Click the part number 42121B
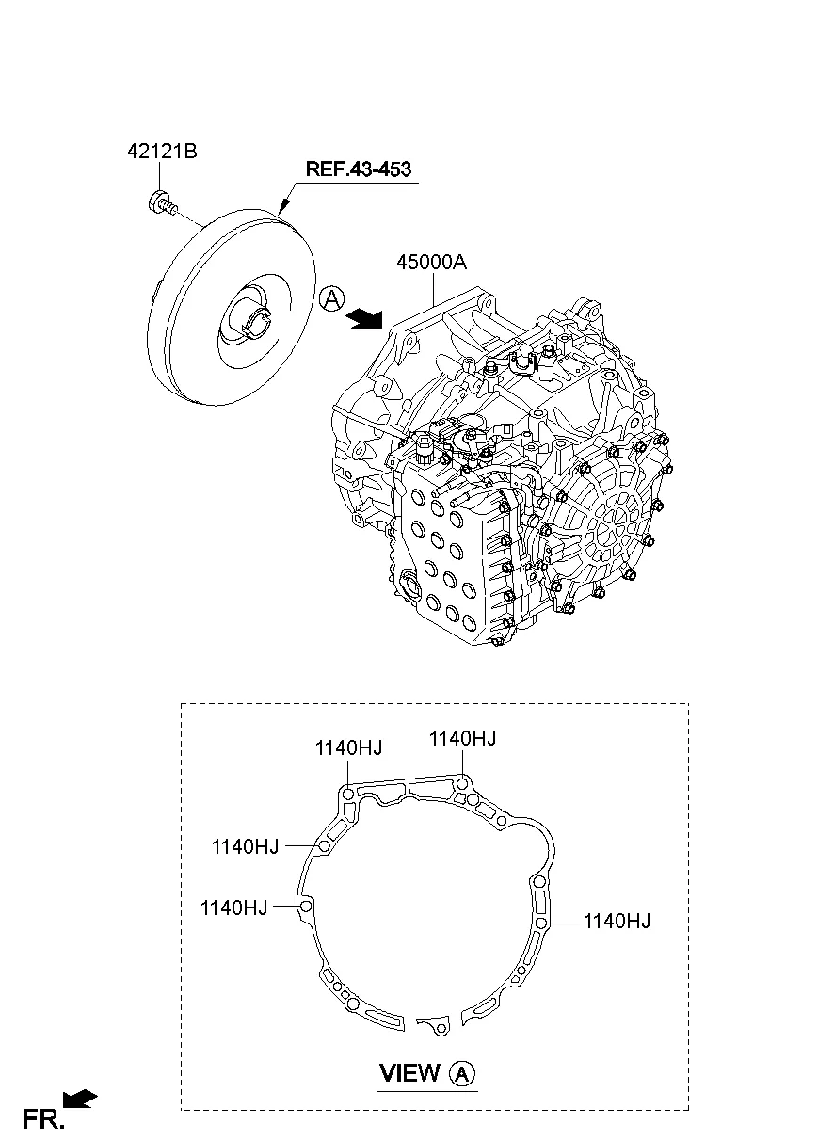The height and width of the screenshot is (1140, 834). (162, 151)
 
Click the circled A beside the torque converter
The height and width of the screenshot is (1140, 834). (330, 299)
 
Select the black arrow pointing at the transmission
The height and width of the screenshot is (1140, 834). (365, 320)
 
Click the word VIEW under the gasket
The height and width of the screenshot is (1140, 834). (409, 1072)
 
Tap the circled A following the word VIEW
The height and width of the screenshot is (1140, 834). (462, 1072)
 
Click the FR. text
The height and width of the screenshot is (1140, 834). (43, 1118)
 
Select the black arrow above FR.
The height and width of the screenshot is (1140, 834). (81, 1098)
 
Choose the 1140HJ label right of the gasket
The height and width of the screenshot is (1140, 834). (617, 921)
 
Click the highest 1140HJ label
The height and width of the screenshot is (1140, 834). (462, 739)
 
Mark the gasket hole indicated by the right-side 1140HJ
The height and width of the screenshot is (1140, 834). (541, 923)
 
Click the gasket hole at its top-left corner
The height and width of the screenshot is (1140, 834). (347, 795)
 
